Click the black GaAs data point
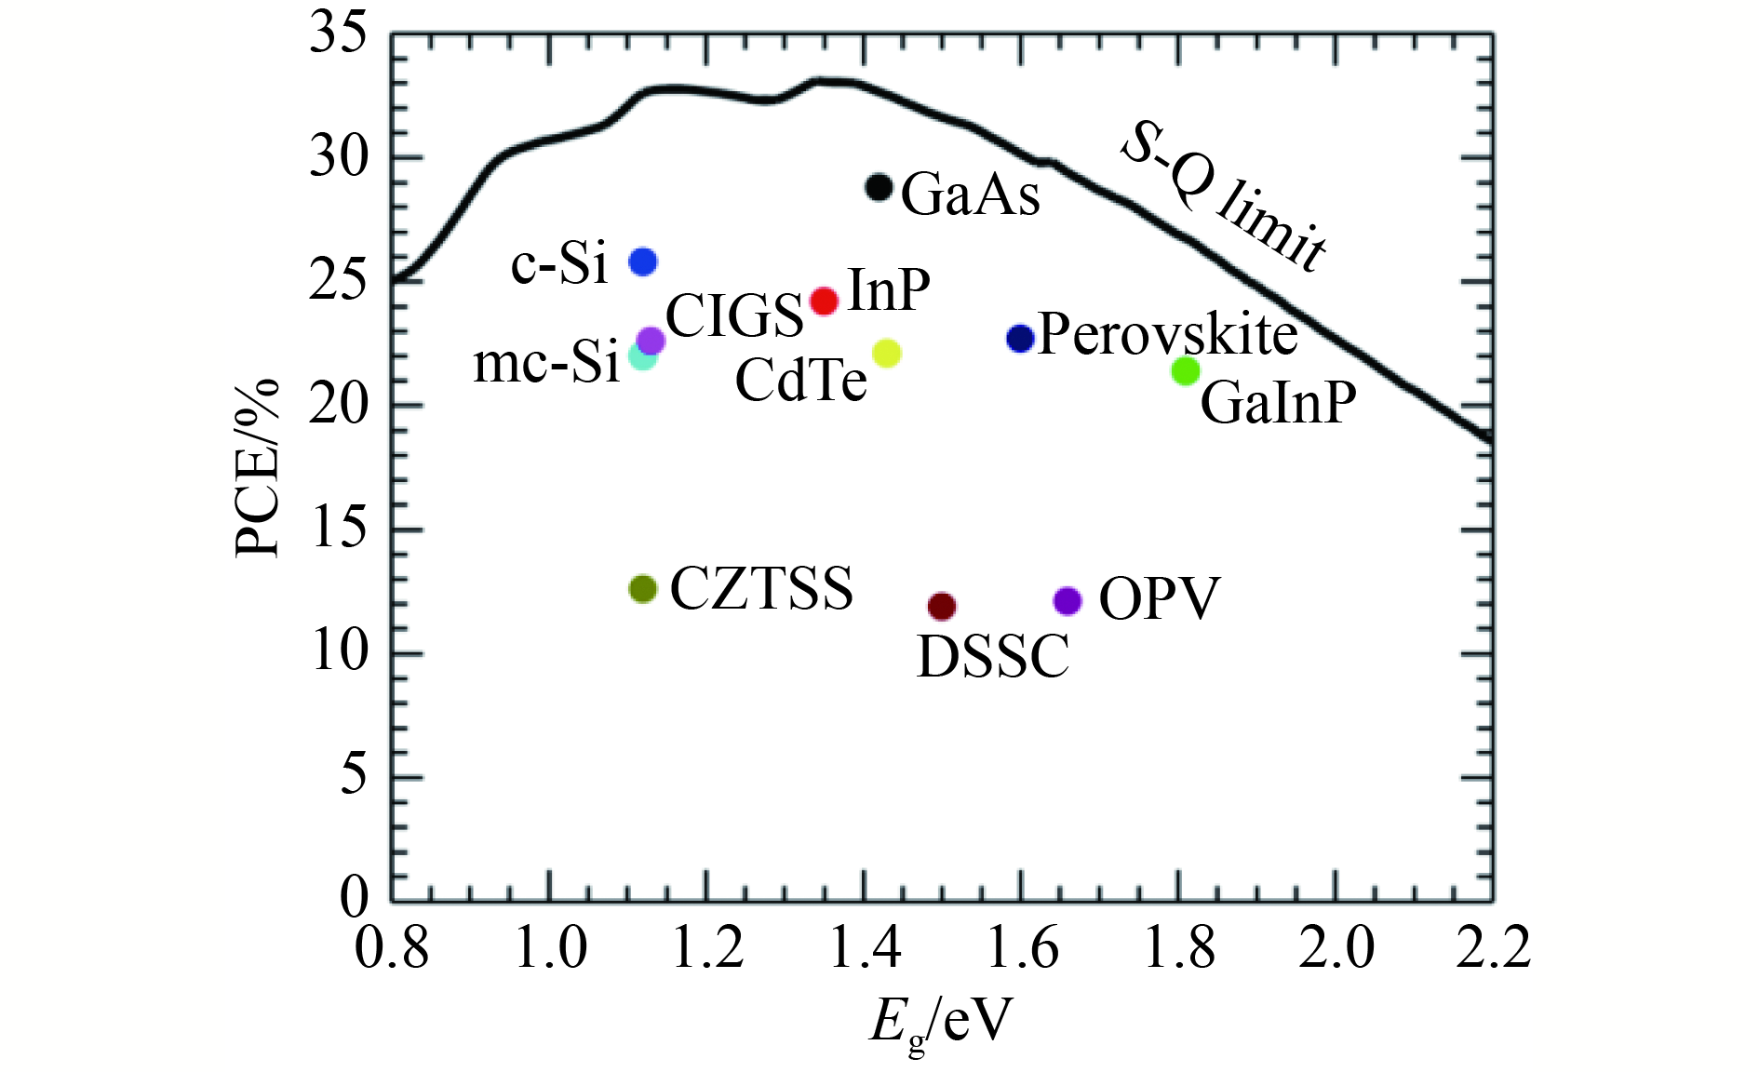coord(879,187)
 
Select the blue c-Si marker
coord(643,261)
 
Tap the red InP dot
coord(825,301)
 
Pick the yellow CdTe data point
coord(887,353)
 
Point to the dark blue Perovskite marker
coord(1021,338)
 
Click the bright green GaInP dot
coord(1185,370)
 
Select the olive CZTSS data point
coord(643,588)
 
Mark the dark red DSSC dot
coord(942,607)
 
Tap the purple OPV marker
coord(1067,601)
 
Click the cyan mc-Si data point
coord(640,356)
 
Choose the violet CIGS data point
coord(651,341)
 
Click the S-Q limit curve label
coord(1224,197)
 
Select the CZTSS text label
coord(761,588)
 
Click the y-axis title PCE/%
coord(258,467)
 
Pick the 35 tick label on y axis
coord(339,34)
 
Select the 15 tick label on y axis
coord(339,529)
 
